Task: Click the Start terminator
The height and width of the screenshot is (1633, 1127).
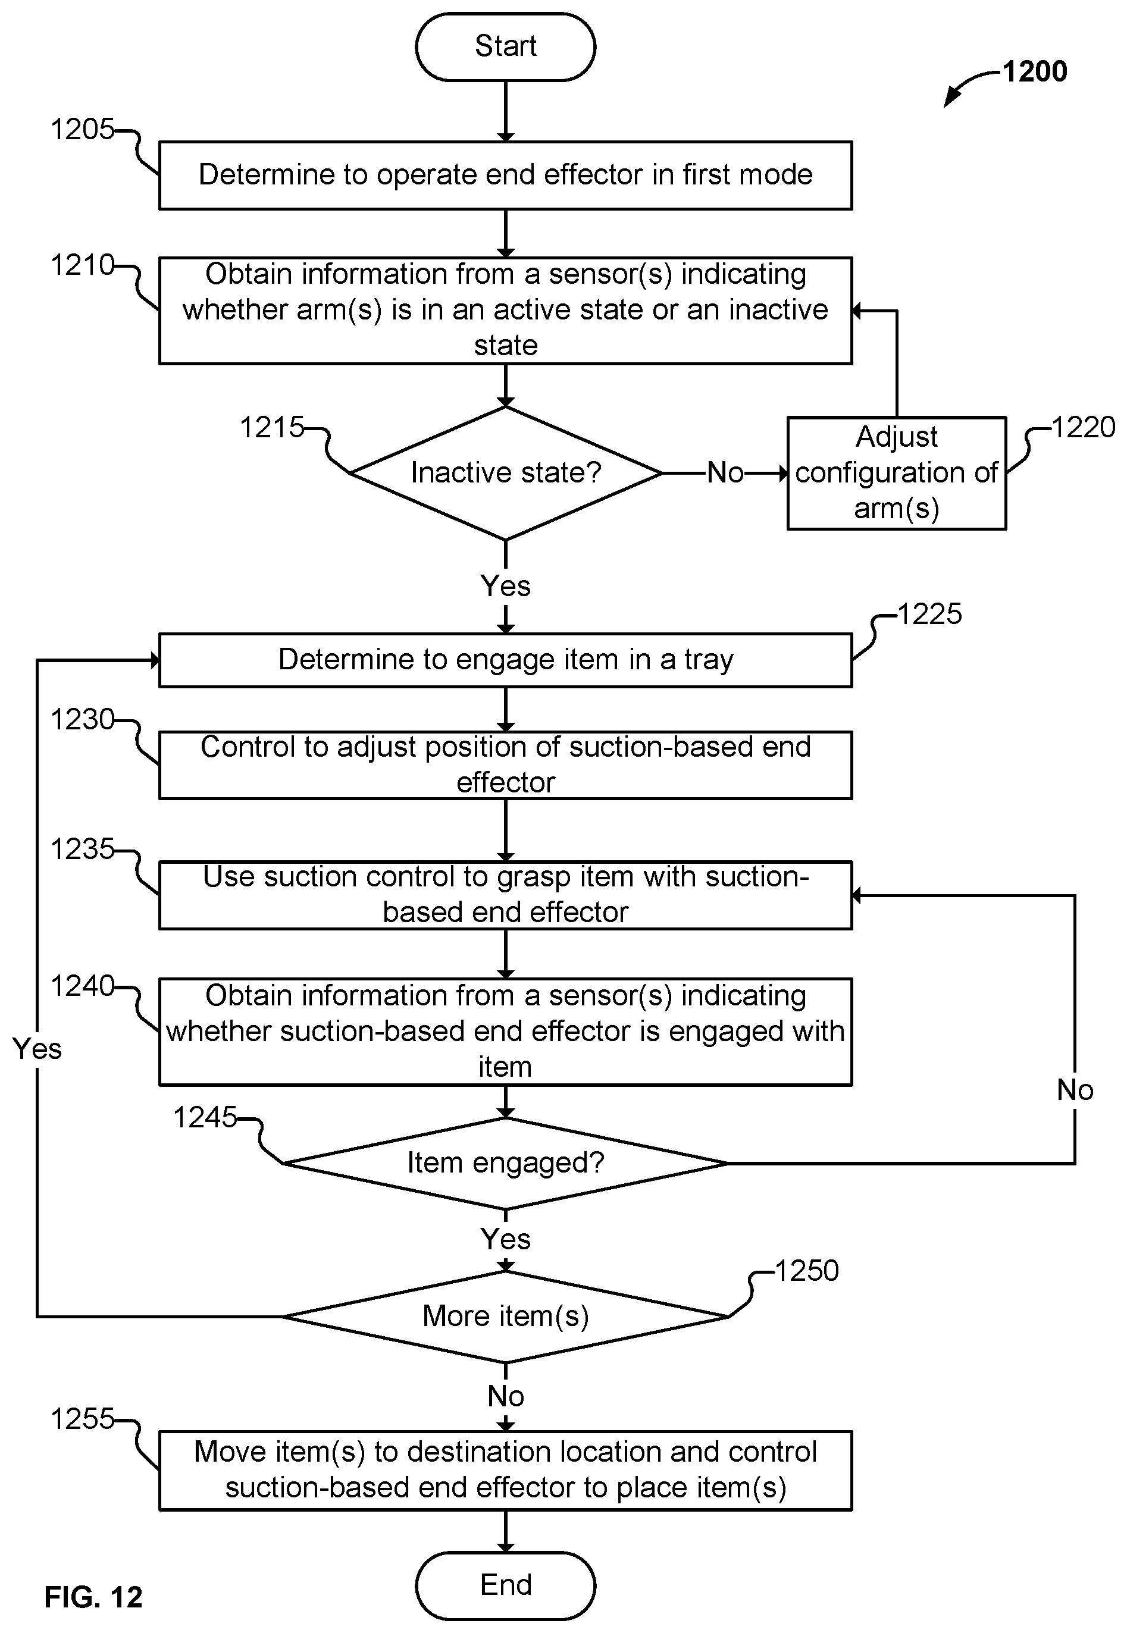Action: point(506,46)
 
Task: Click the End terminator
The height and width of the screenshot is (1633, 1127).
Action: point(506,1585)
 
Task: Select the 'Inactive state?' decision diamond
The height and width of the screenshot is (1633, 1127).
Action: point(506,473)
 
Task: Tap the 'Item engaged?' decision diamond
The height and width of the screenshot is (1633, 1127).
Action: point(506,1163)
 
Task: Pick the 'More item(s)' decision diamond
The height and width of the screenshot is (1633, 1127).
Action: point(506,1316)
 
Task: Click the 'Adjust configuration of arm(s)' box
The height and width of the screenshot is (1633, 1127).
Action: point(897,473)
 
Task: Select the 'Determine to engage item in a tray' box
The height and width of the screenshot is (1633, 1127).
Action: point(506,660)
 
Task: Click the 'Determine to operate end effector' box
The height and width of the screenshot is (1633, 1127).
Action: point(506,175)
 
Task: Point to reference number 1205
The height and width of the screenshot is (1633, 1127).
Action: point(82,129)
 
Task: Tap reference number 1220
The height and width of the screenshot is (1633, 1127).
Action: point(1083,427)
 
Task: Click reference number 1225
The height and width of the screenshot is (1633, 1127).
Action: point(929,613)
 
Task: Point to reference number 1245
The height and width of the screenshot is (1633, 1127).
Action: point(205,1118)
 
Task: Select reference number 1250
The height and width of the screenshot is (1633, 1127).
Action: point(806,1271)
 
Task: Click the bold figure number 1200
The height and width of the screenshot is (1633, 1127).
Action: point(1035,71)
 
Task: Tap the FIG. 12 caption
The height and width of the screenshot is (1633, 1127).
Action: point(93,1596)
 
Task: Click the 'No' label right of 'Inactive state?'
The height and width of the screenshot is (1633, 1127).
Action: point(725,473)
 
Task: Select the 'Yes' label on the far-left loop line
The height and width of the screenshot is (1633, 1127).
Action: point(37,1049)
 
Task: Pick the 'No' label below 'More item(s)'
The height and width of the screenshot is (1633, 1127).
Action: point(506,1396)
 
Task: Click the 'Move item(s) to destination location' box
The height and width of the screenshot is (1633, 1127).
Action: point(506,1471)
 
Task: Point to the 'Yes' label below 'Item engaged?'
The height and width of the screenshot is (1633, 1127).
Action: point(506,1239)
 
